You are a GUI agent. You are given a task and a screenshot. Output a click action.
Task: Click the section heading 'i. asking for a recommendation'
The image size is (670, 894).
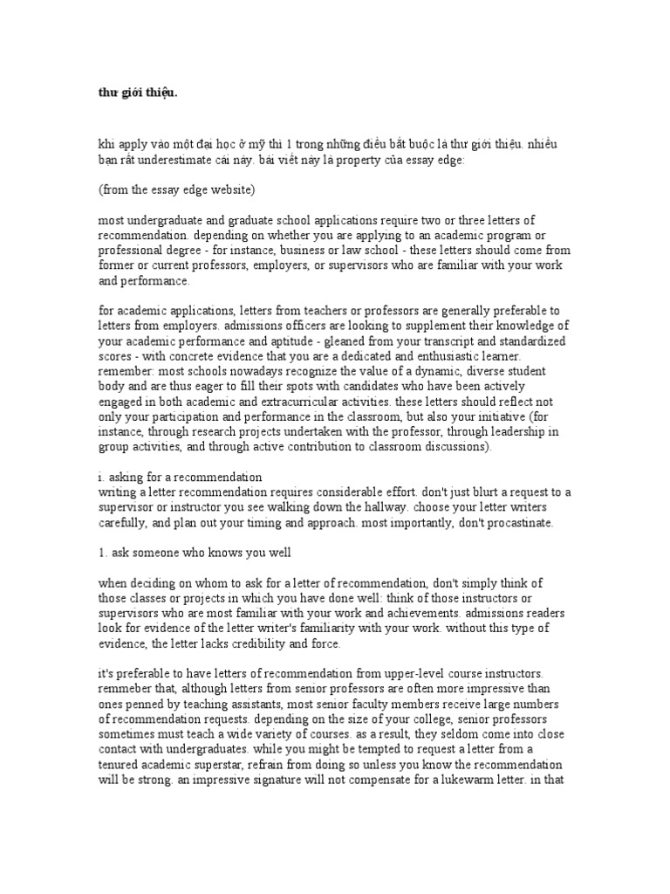point(179,477)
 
